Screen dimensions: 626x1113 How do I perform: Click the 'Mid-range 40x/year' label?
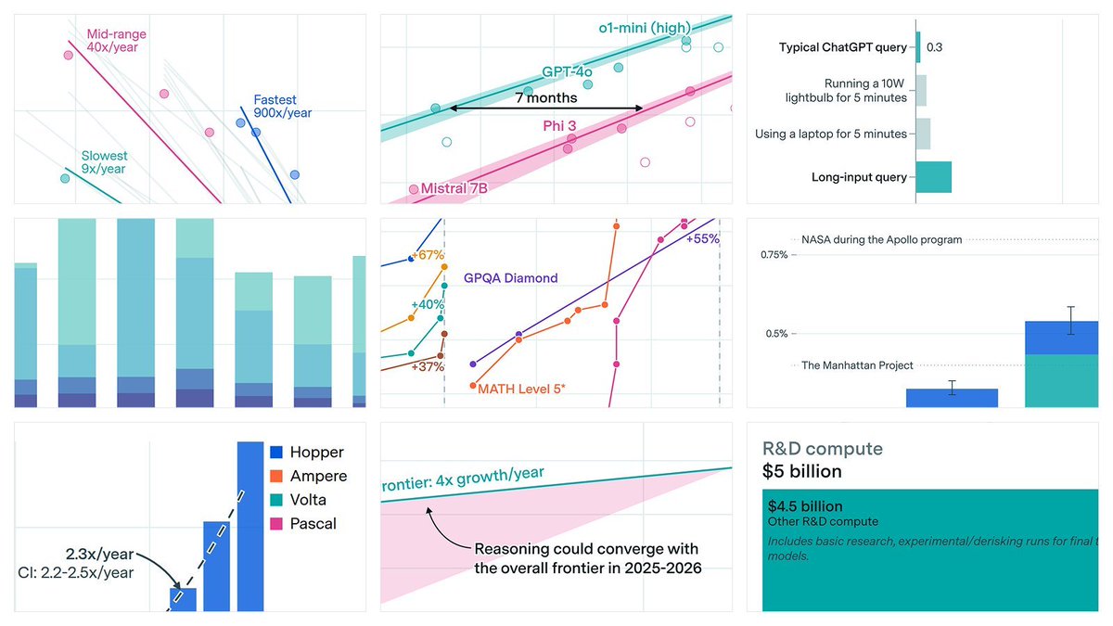[116, 41]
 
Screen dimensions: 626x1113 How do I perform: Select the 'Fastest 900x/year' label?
[282, 106]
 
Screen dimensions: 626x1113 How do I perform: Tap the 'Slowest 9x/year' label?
[105, 162]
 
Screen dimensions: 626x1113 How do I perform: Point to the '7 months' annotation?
[546, 97]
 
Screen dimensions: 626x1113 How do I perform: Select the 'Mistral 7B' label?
[454, 188]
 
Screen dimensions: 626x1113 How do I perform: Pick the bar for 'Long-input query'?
[933, 177]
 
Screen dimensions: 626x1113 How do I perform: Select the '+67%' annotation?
[428, 255]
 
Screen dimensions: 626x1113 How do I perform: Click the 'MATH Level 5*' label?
[521, 389]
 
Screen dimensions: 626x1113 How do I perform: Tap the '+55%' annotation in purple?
[702, 238]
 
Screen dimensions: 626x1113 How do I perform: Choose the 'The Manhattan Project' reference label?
[857, 365]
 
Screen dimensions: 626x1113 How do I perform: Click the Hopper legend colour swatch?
[275, 453]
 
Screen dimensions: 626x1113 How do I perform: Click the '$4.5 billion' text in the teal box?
[805, 506]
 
